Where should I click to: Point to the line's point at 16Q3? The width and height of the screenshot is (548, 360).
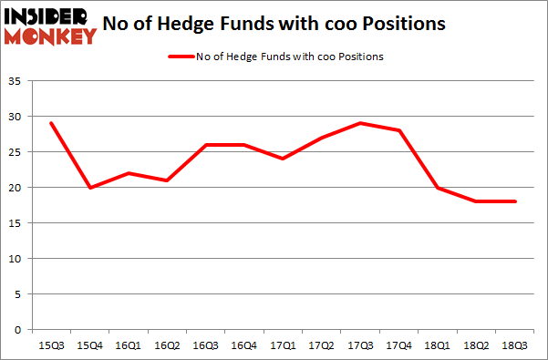point(206,145)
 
